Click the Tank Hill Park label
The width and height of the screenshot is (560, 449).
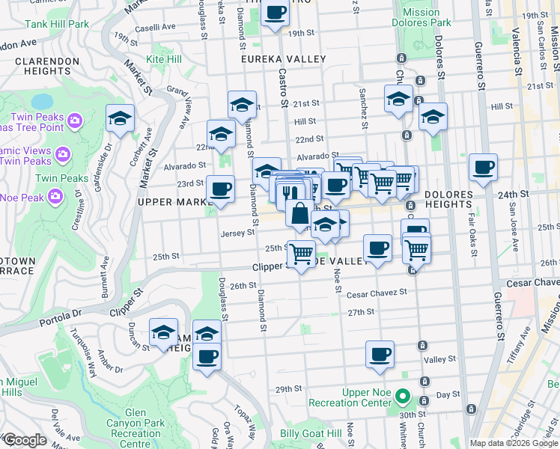click(x=58, y=25)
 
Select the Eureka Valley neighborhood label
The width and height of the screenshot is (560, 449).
click(x=283, y=58)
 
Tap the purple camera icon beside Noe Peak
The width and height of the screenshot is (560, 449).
click(x=55, y=197)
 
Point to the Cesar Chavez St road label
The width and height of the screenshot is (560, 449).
click(x=376, y=293)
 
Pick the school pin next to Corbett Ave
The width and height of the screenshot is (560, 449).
click(x=119, y=118)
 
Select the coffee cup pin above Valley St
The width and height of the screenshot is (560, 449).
click(x=380, y=353)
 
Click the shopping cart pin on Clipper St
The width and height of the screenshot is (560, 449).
click(x=302, y=254)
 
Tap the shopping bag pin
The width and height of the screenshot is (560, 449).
click(x=299, y=213)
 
